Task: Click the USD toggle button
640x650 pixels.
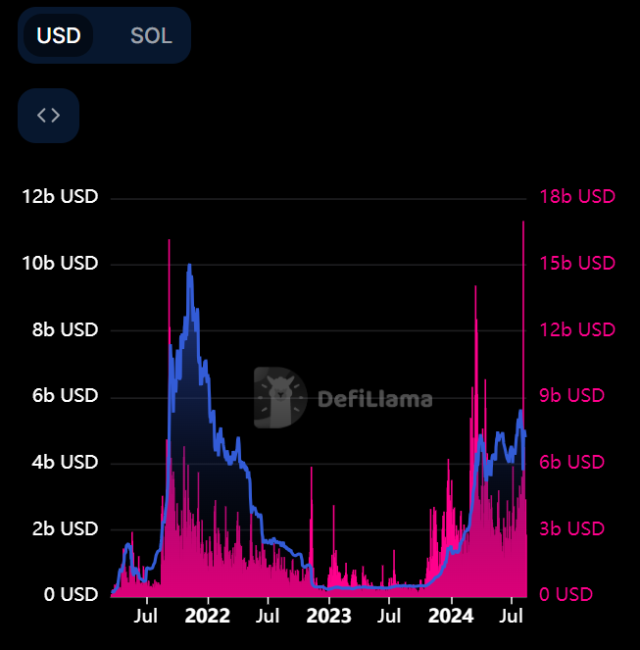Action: (59, 36)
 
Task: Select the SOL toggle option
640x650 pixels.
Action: (151, 36)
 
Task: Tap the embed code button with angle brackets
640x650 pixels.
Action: (48, 115)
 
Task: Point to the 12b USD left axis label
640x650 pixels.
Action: (61, 197)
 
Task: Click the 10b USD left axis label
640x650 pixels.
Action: (61, 264)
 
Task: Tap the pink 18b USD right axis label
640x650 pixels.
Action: (577, 197)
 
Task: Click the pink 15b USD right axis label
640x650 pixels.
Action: (577, 264)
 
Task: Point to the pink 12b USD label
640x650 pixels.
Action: (577, 330)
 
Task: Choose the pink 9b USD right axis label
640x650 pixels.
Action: (572, 396)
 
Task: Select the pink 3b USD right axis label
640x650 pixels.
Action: (572, 528)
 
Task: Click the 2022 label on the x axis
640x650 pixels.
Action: (207, 617)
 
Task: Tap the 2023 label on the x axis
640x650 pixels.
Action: (328, 617)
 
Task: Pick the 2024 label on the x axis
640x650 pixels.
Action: (450, 617)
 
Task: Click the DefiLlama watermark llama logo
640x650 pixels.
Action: (279, 398)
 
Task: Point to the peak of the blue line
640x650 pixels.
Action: (189, 265)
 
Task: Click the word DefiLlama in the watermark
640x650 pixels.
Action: (374, 399)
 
